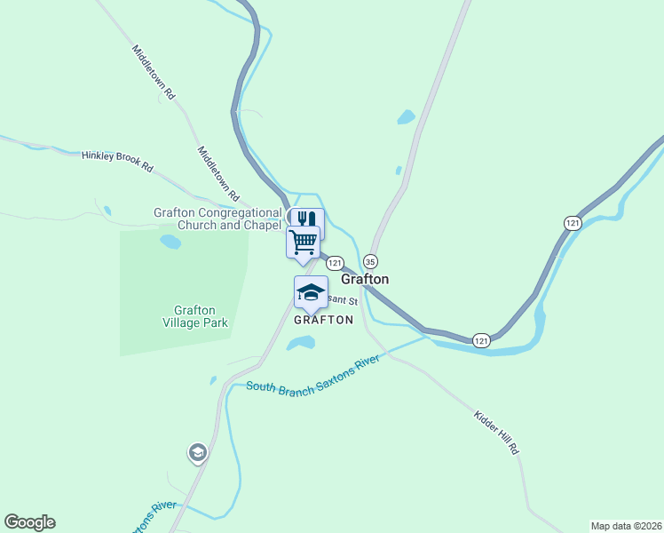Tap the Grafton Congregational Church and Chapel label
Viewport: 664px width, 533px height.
pyautogui.click(x=217, y=219)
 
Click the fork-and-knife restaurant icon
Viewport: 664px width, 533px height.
pyautogui.click(x=307, y=219)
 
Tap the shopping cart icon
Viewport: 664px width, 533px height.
pyautogui.click(x=303, y=241)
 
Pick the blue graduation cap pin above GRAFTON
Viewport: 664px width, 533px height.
pyautogui.click(x=311, y=292)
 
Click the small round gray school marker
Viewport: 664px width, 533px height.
pyautogui.click(x=197, y=453)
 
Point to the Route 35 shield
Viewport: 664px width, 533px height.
pyautogui.click(x=370, y=261)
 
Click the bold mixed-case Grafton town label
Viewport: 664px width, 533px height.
pyautogui.click(x=365, y=279)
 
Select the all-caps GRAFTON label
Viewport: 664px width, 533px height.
pyautogui.click(x=323, y=320)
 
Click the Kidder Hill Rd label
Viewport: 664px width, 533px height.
pyautogui.click(x=496, y=433)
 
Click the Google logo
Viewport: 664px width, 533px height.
pyautogui.click(x=29, y=522)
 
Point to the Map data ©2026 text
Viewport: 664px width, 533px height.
pyautogui.click(x=626, y=525)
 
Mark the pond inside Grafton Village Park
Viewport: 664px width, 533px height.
pyautogui.click(x=170, y=241)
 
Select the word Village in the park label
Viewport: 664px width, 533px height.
pyautogui.click(x=185, y=322)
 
